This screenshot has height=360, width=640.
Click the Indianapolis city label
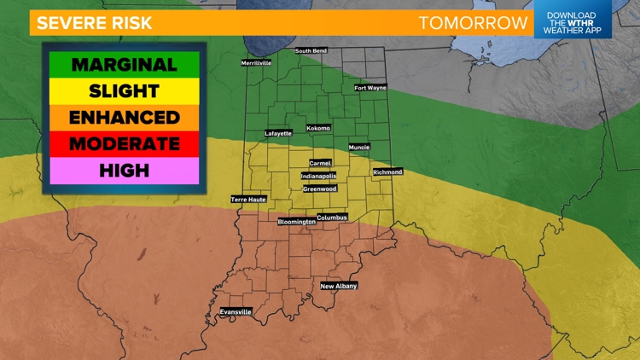(318, 176)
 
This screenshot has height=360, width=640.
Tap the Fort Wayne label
(370, 88)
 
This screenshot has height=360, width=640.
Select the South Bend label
(312, 51)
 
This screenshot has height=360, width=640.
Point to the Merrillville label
(256, 62)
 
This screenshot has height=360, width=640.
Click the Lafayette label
(278, 133)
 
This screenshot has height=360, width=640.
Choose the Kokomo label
(318, 128)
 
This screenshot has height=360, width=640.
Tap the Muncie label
(359, 147)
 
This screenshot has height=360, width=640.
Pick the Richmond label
(387, 172)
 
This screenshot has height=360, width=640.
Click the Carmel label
(320, 163)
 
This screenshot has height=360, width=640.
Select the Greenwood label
(320, 189)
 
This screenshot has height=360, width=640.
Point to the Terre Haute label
(248, 200)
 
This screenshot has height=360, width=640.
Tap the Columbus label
(332, 218)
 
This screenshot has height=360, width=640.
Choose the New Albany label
(339, 286)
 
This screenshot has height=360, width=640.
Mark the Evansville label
(236, 312)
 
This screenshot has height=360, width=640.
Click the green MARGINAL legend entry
(124, 65)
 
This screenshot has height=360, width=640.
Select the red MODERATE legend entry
(124, 143)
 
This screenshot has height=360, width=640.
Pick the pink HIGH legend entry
(124, 171)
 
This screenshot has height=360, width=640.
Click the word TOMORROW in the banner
(473, 23)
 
